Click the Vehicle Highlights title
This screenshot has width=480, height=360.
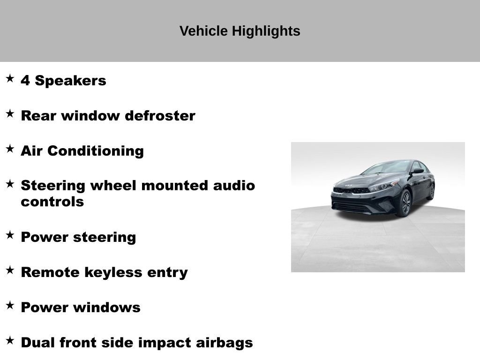coord(240,31)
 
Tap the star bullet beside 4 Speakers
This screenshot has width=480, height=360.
coord(10,78)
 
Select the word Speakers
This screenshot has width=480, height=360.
coord(71,81)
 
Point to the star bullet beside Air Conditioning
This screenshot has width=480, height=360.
coord(10,149)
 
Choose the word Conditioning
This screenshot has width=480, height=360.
coord(96,151)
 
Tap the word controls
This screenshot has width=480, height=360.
coord(52,202)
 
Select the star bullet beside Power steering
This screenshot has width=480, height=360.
coord(10,235)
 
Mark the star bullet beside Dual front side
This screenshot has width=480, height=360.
coord(10,340)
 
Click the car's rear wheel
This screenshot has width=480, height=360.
coord(431,191)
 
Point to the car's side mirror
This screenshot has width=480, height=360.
coord(416,172)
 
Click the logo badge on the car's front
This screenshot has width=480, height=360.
coord(348,186)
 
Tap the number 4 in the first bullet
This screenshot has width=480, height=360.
coord(25,81)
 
